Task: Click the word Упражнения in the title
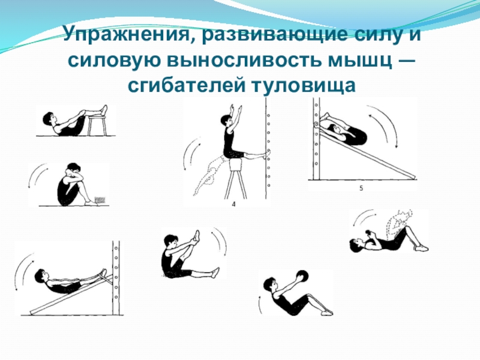coord(127,34)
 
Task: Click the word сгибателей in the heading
coord(186,85)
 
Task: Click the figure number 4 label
coord(234,204)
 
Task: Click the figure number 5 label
coord(361,188)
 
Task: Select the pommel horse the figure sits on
coord(235,178)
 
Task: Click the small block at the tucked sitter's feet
coord(100,200)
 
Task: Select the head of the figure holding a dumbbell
coord(355,245)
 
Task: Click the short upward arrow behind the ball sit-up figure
coord(260,305)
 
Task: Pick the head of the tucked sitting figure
coord(73,169)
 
